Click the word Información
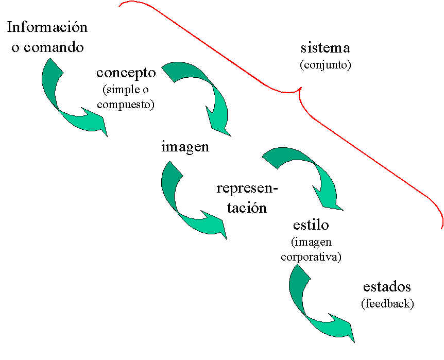[x=47, y=28]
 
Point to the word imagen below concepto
[x=185, y=146]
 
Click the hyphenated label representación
[x=247, y=198]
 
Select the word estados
[x=387, y=287]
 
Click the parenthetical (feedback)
[x=387, y=303]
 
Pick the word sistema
[x=325, y=48]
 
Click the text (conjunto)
[x=325, y=65]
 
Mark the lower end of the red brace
[x=442, y=227]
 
